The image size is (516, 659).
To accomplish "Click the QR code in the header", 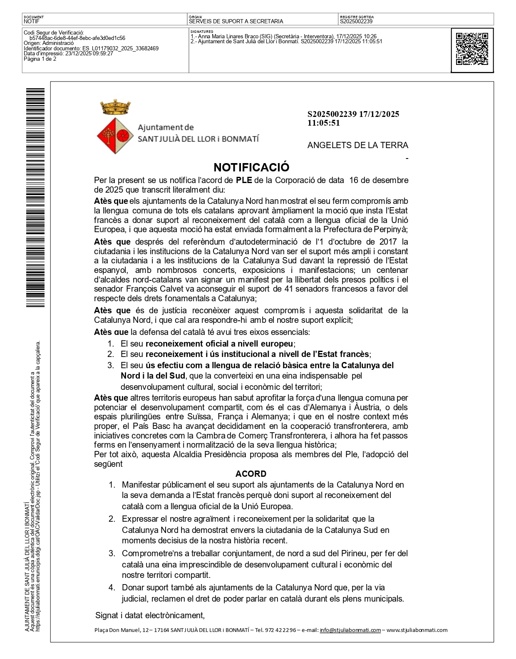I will tap(472, 49).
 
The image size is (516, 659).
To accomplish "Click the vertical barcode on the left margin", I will tap(30, 198).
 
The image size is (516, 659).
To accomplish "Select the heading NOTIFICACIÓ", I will tap(251, 167).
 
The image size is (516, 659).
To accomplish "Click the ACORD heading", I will tap(251, 474).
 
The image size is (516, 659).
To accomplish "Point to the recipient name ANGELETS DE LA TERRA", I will tap(357, 145).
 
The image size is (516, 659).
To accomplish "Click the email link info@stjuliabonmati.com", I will tap(350, 630).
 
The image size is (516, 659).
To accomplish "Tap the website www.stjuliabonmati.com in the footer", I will tap(417, 630).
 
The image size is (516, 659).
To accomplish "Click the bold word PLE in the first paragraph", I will tap(244, 180).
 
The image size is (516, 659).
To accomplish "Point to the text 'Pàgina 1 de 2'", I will tap(40, 59).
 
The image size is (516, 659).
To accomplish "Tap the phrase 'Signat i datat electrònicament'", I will tap(150, 615).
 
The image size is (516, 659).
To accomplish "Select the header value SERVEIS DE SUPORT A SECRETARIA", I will tap(236, 21).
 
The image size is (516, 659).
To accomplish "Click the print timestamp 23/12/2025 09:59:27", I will tap(89, 54).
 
